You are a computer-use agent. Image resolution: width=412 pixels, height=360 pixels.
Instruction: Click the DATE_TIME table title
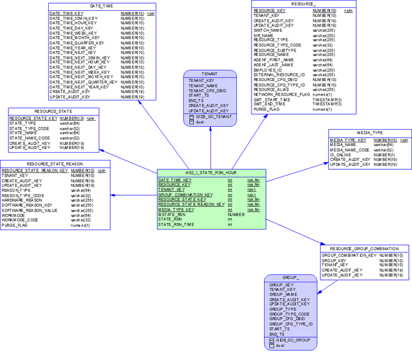tap(102, 5)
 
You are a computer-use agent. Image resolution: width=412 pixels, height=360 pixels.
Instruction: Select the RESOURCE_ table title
tap(303, 4)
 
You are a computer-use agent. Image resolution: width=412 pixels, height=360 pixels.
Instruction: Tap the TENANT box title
tap(209, 73)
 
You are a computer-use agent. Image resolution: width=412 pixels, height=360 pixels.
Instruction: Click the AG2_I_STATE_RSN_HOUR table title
tap(211, 172)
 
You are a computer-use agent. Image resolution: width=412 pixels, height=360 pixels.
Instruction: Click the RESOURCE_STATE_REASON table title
tap(55, 163)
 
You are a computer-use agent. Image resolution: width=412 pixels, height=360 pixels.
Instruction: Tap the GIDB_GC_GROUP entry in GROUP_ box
tap(293, 340)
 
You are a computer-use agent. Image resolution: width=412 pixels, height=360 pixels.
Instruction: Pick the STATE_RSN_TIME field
tap(176, 224)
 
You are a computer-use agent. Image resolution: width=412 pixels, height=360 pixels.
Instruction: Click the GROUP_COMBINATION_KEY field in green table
tap(185, 195)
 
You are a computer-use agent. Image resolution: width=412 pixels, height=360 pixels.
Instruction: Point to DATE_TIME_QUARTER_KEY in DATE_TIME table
tap(76, 43)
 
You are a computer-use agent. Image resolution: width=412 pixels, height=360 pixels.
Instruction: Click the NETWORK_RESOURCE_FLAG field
tap(281, 94)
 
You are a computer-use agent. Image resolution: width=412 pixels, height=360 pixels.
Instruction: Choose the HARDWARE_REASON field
tap(22, 200)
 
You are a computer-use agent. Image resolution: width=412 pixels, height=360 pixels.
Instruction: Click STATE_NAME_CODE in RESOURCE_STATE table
tap(29, 138)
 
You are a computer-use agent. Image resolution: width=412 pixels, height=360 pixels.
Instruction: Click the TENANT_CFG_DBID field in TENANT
tap(208, 90)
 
